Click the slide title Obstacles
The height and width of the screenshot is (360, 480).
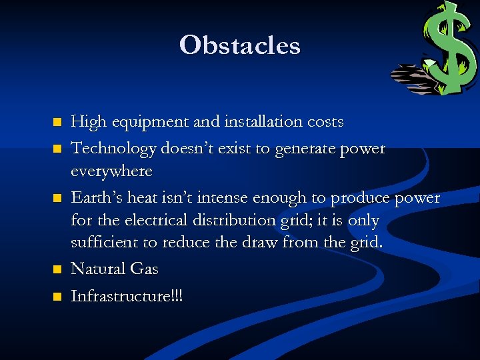tap(240, 45)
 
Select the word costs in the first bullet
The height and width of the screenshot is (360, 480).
tap(325, 122)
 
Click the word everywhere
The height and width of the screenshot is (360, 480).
tap(111, 171)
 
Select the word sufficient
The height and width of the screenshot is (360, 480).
tap(104, 243)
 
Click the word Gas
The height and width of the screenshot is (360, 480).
tap(144, 269)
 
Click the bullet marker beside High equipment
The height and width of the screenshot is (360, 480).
tap(57, 123)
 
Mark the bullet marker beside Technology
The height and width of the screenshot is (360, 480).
tap(57, 149)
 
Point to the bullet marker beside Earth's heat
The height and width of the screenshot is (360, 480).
tap(57, 198)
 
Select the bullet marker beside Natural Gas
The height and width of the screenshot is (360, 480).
tap(57, 269)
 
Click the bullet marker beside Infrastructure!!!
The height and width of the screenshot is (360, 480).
tap(57, 295)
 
